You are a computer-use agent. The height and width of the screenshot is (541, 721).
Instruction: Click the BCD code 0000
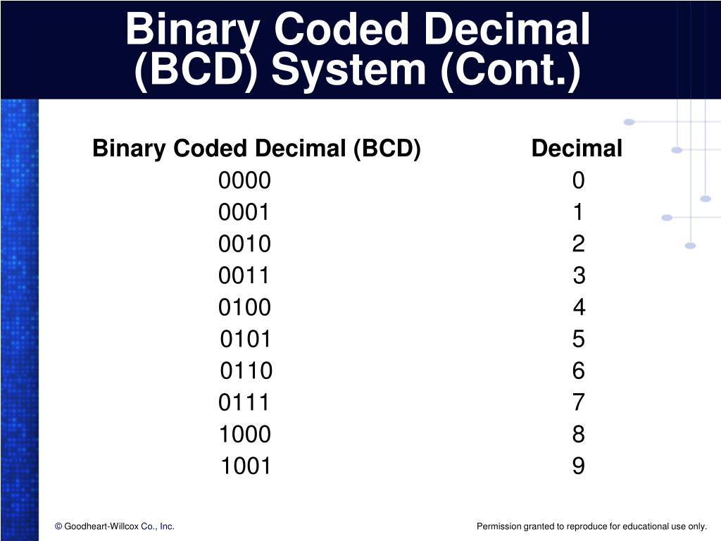point(244,181)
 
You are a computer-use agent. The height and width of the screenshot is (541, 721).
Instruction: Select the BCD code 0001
point(244,213)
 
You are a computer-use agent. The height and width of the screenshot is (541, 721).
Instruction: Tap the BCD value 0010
point(244,244)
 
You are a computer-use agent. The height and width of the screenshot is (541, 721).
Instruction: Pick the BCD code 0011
point(244,275)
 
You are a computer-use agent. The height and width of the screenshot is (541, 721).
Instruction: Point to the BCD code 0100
point(244,307)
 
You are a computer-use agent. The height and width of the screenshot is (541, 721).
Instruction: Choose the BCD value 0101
point(246,339)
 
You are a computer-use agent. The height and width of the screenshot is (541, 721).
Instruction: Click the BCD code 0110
point(246,371)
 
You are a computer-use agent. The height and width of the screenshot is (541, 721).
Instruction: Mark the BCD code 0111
point(244,402)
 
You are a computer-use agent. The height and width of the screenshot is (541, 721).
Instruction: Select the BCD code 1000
point(244,434)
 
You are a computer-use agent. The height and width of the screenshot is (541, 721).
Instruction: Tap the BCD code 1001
point(246,466)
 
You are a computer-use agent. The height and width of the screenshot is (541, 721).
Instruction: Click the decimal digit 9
point(578,466)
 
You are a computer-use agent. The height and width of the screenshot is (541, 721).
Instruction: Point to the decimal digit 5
point(578,339)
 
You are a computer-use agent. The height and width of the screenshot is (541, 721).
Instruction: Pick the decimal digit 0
point(578,181)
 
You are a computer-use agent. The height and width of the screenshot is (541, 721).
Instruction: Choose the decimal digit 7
point(578,402)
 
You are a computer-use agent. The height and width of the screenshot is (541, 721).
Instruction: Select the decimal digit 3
point(579,275)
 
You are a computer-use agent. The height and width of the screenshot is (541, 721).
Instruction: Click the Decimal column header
point(577,149)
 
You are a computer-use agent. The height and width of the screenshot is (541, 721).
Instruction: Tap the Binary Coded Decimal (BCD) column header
point(256,149)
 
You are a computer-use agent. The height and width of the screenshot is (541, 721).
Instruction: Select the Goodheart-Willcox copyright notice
point(115,526)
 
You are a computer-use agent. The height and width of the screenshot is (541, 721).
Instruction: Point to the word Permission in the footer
point(499,526)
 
